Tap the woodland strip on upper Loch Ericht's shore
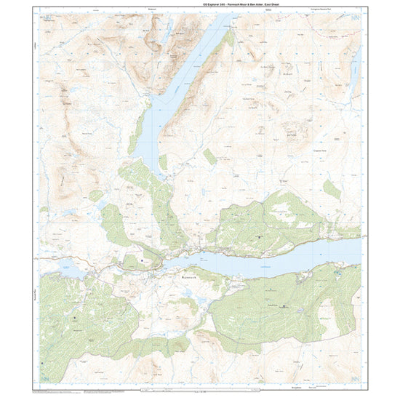[228, 37]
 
